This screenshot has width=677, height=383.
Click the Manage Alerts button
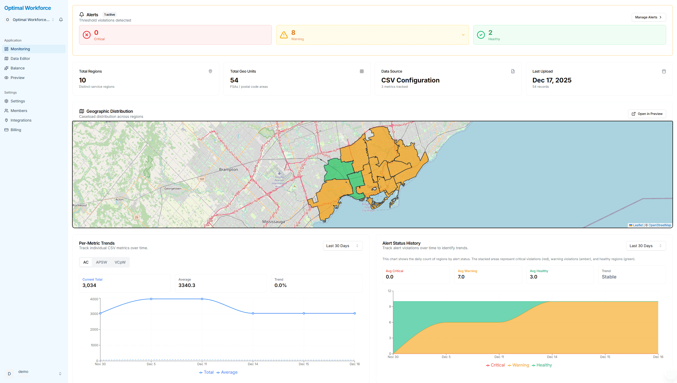point(648,17)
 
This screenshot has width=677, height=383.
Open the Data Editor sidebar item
point(20,59)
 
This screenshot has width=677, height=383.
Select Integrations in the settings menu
point(21,120)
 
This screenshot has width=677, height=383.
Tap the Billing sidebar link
point(16,130)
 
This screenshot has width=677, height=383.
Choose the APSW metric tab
point(101,262)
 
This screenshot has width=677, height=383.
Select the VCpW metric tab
point(120,262)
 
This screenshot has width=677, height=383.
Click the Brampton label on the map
point(228,169)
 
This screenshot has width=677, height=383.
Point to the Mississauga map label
point(273,222)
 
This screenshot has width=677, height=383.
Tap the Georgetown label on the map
point(173,189)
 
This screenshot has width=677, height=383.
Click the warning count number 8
point(293,33)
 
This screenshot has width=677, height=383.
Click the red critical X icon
point(87,35)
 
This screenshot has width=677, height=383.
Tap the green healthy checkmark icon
point(481,35)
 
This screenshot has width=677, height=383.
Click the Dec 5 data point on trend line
point(151,299)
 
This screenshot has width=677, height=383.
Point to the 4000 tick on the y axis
point(94,299)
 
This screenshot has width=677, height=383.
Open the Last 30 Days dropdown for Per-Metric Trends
point(342,246)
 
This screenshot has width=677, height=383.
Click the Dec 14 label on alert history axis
point(552,357)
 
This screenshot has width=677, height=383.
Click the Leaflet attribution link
point(637,225)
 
